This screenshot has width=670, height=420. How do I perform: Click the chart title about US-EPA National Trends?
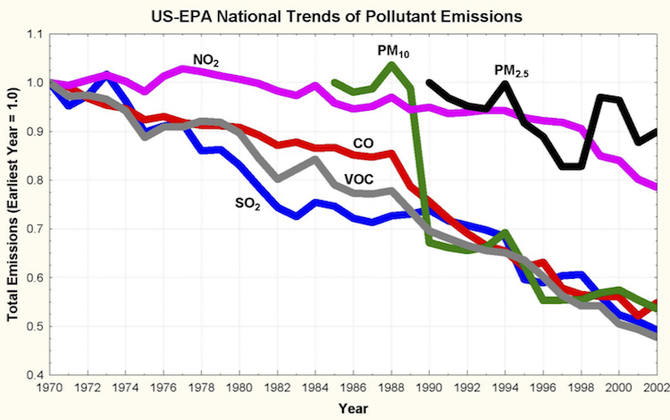344,15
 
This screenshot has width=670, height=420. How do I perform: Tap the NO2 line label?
206,61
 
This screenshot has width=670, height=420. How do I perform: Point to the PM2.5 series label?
510,70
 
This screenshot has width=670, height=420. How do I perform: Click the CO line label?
363,142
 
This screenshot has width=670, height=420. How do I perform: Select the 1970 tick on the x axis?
50,388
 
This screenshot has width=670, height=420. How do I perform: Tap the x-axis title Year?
353,407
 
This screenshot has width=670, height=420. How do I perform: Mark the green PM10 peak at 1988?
392,65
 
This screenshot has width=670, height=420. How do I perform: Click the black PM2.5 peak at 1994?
506,84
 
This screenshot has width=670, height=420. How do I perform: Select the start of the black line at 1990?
430,82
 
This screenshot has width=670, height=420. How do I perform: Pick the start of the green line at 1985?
334,82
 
